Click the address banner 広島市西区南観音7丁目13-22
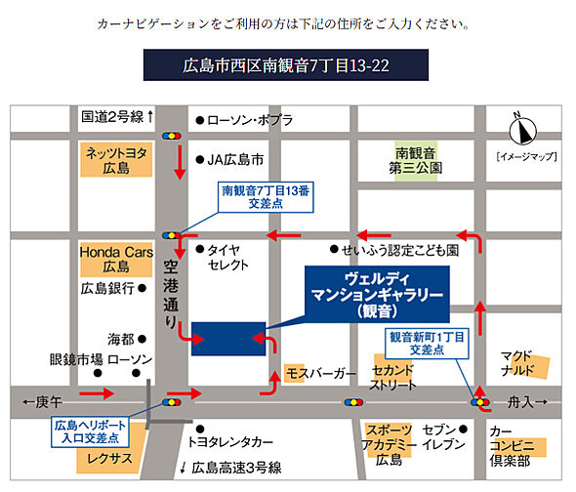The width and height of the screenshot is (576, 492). pyautogui.click(x=286, y=66)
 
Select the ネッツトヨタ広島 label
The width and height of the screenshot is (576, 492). pyautogui.click(x=115, y=159)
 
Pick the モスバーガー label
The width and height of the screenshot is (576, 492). pyautogui.click(x=320, y=374)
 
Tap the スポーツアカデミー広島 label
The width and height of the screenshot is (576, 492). pyautogui.click(x=390, y=445)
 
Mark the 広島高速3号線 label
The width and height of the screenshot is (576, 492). pyautogui.click(x=236, y=467)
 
